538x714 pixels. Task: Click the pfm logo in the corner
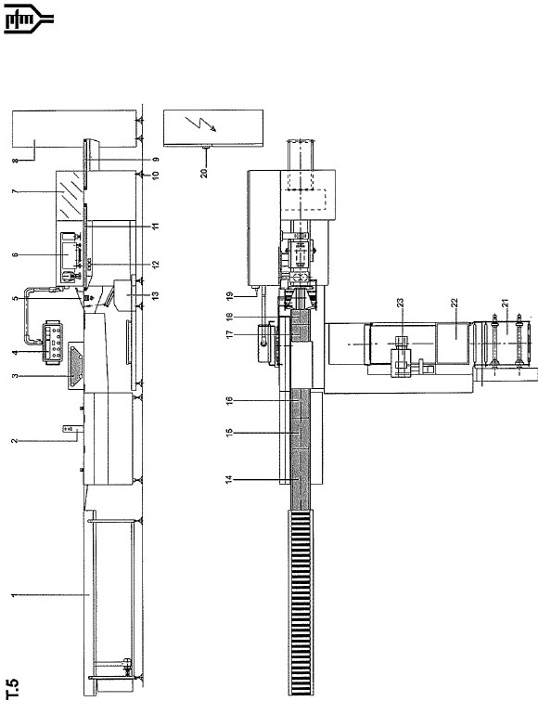[x=29, y=19]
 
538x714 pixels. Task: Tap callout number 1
[x=15, y=595]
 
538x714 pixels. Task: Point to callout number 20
[x=204, y=173]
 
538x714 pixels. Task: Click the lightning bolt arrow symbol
[x=201, y=123]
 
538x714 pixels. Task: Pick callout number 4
[x=15, y=352]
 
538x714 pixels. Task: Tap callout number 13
[x=156, y=295]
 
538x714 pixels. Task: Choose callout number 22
[x=454, y=304]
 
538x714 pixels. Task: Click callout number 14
[x=230, y=479]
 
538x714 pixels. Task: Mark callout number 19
[x=230, y=297]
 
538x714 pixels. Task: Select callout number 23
[x=400, y=304]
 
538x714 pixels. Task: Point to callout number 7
[x=15, y=191]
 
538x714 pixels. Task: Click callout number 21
[x=505, y=304]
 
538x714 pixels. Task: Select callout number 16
[x=230, y=401]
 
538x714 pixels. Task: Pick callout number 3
[x=15, y=376]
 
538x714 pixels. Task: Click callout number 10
[x=156, y=175]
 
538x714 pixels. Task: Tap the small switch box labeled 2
[x=70, y=428]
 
